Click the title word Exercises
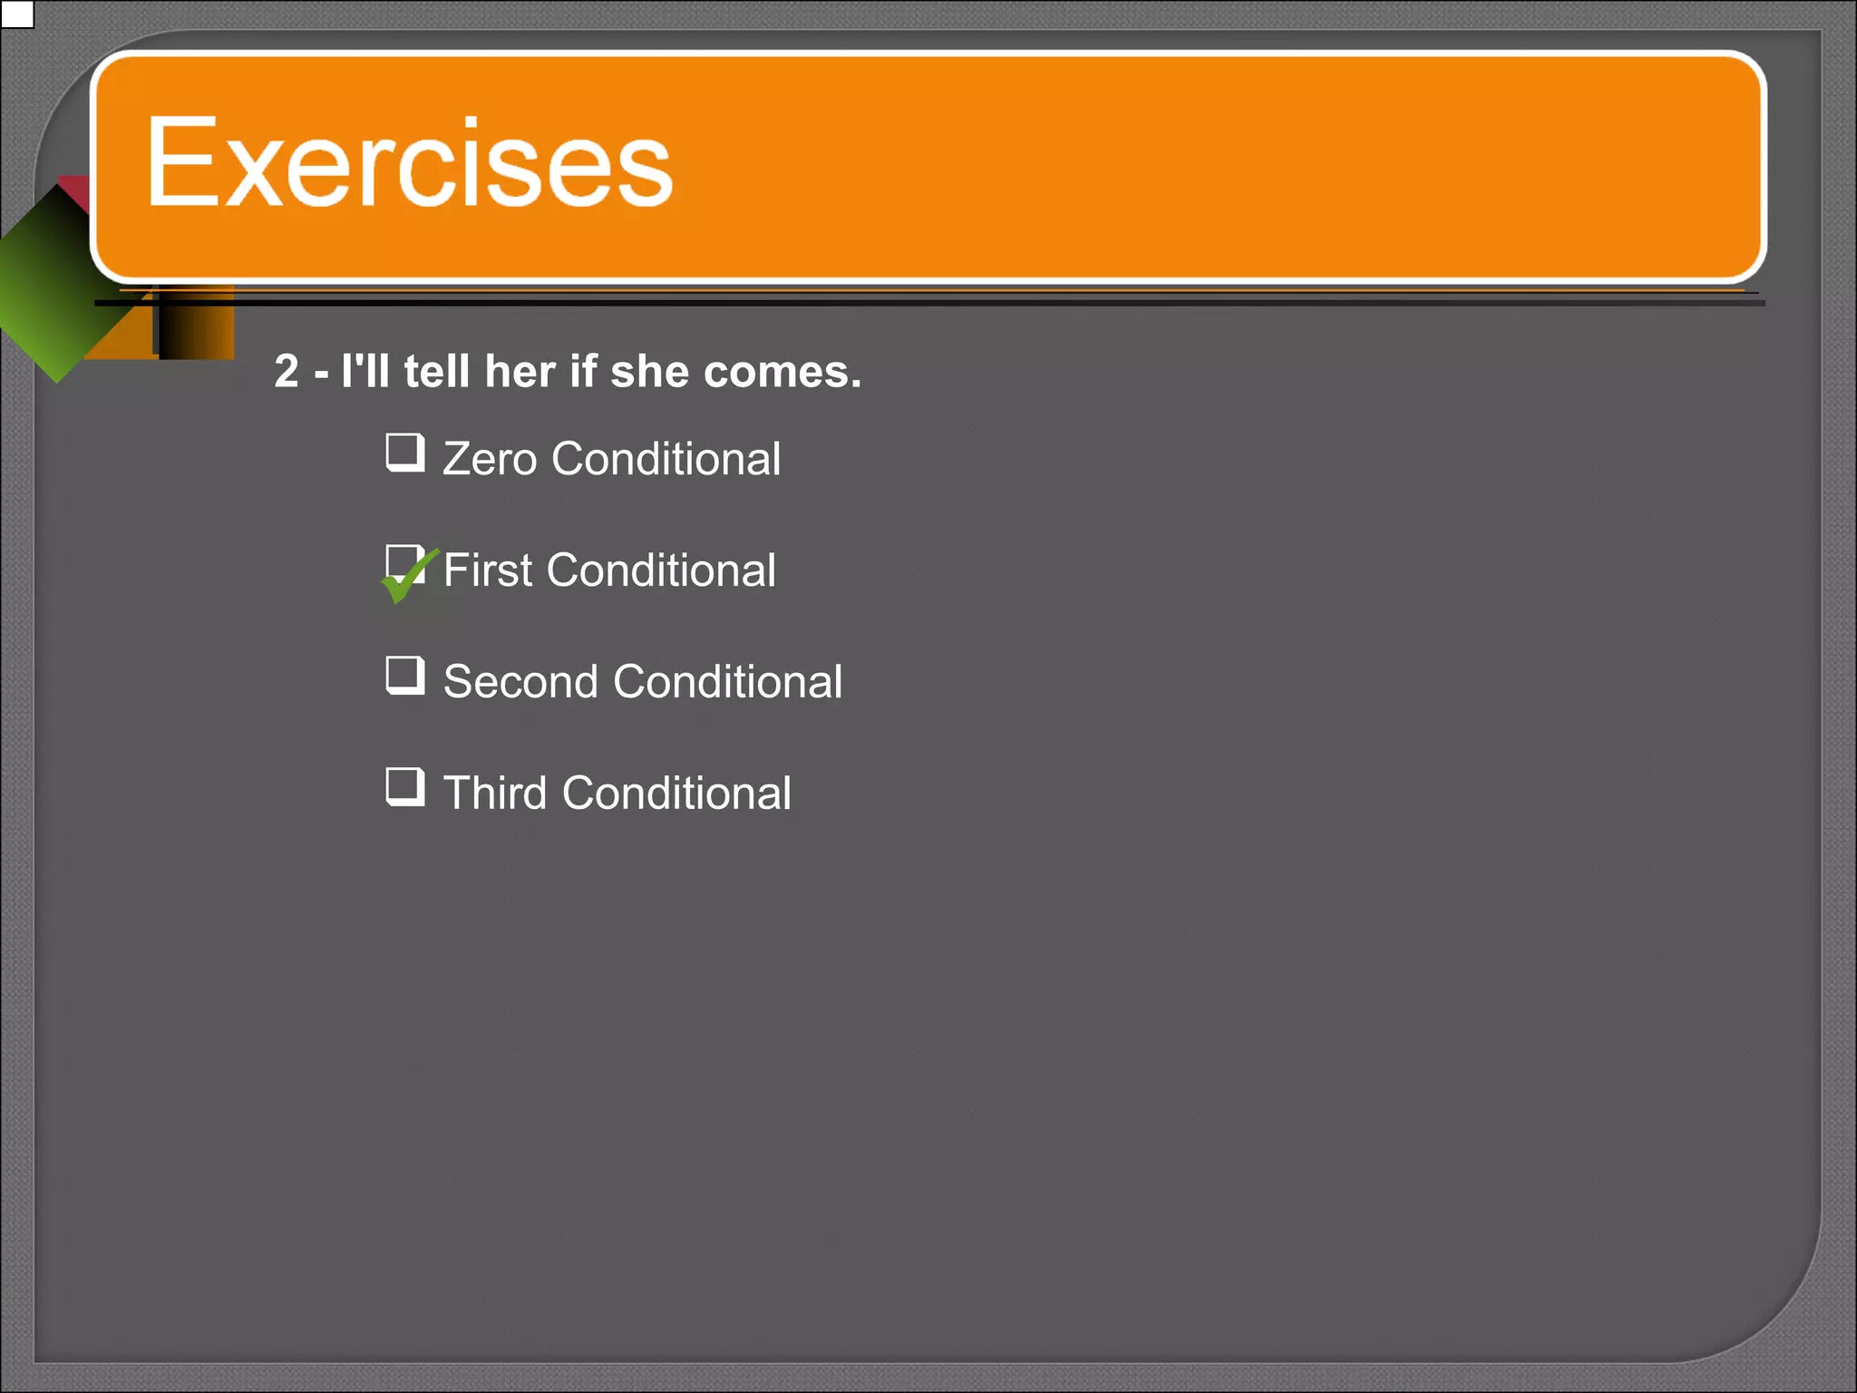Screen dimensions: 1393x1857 (409, 164)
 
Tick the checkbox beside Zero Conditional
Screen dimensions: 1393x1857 (404, 453)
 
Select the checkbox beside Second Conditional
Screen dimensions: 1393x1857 (404, 676)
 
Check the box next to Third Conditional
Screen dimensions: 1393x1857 (404, 787)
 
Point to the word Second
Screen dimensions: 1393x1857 (520, 682)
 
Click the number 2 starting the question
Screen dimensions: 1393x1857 (287, 372)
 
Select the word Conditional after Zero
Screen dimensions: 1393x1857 (666, 459)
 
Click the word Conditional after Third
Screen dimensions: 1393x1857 (676, 794)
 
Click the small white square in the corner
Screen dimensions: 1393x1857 (17, 15)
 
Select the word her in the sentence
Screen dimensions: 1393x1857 (520, 372)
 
